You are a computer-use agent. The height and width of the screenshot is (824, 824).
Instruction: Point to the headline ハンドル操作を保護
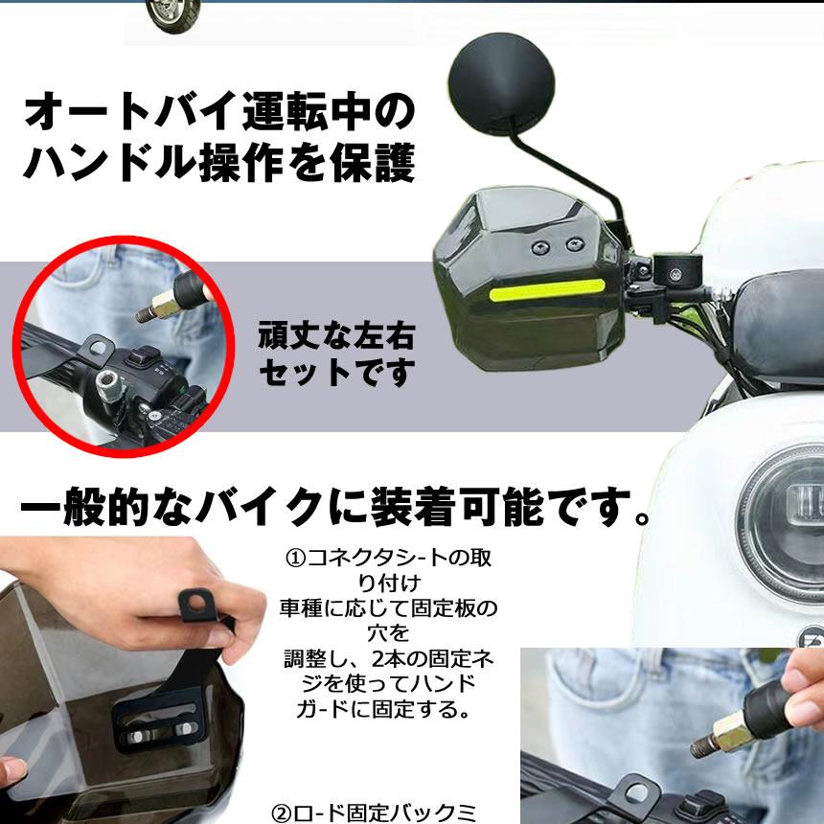pyautogui.click(x=219, y=164)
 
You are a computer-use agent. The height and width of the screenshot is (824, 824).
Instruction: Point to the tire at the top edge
pyautogui.click(x=175, y=11)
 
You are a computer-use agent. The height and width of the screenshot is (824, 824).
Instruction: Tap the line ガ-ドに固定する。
pyautogui.click(x=387, y=710)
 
